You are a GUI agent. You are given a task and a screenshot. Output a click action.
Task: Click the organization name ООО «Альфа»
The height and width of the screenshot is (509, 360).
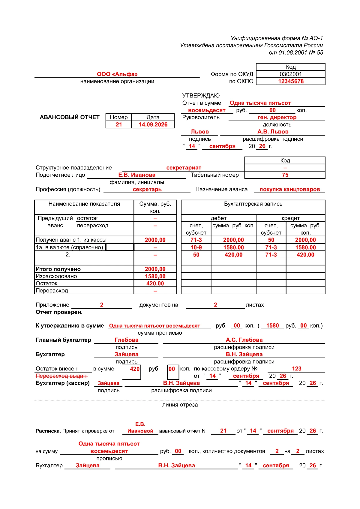[117, 74]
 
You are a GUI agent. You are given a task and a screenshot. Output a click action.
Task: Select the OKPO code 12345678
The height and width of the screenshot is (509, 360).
[291, 81]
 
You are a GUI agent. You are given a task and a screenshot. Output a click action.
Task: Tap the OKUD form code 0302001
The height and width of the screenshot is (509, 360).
[291, 74]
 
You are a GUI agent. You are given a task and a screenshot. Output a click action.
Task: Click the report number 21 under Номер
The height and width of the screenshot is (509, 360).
[119, 124]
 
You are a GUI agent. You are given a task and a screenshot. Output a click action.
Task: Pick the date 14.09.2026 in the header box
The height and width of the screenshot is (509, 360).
[153, 124]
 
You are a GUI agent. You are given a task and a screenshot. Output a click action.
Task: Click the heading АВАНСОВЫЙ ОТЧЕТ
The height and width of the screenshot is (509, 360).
[70, 117]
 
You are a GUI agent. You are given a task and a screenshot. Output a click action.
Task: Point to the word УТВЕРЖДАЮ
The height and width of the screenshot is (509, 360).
[201, 96]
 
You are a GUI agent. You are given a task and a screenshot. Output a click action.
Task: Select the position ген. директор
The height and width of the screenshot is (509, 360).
[277, 117]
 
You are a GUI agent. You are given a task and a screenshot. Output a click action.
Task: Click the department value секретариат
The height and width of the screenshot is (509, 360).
[184, 168]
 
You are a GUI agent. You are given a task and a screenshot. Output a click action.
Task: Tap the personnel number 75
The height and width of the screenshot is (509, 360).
[285, 175]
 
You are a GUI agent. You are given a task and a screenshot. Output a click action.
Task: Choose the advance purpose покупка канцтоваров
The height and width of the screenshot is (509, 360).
[289, 189]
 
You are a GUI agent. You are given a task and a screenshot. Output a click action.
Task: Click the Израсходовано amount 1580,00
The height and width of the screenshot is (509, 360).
[155, 276]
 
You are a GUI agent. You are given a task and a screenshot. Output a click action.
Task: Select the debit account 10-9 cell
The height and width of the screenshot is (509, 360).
[196, 247]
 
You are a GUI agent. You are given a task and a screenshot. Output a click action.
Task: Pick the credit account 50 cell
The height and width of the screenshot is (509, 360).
[271, 240]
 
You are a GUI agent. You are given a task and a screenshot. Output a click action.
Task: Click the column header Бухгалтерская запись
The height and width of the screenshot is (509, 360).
[253, 204]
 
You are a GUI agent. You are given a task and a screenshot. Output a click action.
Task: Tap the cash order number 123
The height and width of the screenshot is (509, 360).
[296, 369]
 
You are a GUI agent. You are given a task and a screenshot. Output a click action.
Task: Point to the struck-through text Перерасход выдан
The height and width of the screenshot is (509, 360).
[61, 376]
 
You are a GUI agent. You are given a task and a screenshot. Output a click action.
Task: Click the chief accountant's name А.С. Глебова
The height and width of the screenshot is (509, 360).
[244, 340]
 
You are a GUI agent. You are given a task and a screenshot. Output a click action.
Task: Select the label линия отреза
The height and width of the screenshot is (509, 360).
[180, 405]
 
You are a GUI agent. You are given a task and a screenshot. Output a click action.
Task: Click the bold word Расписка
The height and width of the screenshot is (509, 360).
[48, 431]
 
